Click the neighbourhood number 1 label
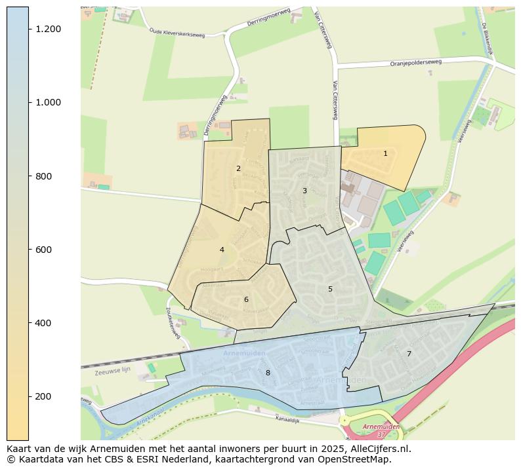(385, 153)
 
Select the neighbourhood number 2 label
(238, 168)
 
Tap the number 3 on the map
(304, 191)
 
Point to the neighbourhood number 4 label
(222, 250)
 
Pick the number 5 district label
(330, 289)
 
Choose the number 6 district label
(246, 299)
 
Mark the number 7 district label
(409, 354)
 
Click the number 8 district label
(268, 373)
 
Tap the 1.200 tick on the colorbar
(49, 29)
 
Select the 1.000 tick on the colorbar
(49, 102)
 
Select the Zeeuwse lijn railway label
(113, 370)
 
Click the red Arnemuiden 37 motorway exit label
(381, 430)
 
